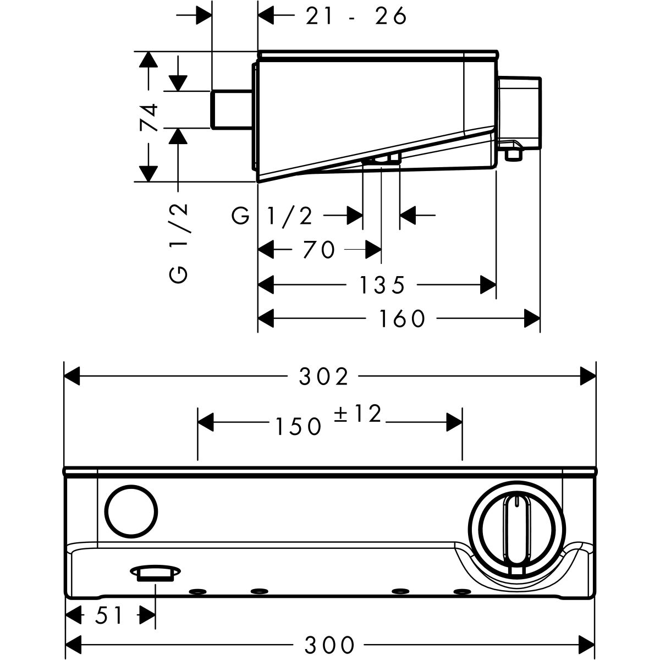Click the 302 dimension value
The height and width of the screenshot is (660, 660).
[x=323, y=377]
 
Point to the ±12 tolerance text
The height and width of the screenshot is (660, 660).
[x=358, y=414]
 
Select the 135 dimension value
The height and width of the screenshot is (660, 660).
[x=382, y=285]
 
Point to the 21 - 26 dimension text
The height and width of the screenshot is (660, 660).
[x=356, y=17]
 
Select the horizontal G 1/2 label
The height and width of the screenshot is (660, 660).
[x=273, y=216]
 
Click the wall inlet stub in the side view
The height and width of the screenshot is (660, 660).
[x=232, y=109]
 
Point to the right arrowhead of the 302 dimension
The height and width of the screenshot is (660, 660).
[x=589, y=377]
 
